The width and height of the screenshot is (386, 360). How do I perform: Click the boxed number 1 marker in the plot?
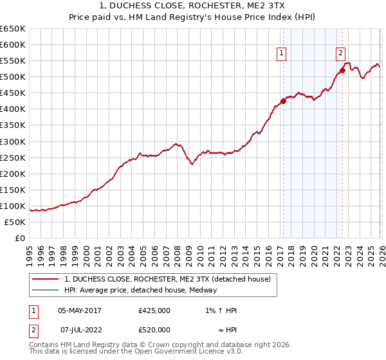(282, 54)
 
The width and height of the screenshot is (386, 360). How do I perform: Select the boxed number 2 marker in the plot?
(340, 54)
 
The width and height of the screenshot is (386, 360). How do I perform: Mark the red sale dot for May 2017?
(283, 101)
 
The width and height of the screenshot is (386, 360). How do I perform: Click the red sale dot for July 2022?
(342, 71)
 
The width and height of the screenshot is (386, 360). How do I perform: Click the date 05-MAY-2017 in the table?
(79, 310)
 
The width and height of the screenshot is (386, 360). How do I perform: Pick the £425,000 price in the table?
(154, 310)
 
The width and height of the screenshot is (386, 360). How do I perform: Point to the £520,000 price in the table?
(154, 330)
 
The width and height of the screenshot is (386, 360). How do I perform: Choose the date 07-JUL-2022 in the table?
(79, 330)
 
